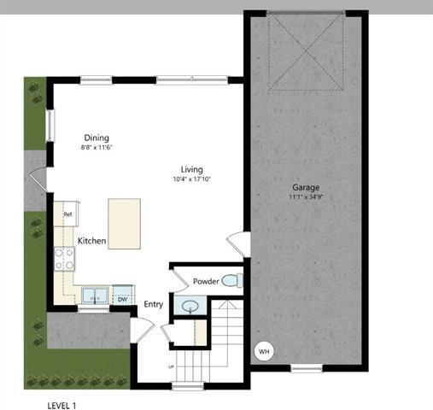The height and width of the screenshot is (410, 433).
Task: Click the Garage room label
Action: pyautogui.click(x=306, y=187)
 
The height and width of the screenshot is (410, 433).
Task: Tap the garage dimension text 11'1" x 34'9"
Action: pyautogui.click(x=306, y=197)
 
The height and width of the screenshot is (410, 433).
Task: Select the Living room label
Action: pyautogui.click(x=191, y=169)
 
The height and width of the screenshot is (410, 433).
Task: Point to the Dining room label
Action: pyautogui.click(x=96, y=138)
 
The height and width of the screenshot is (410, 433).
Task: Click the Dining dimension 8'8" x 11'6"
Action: pyautogui.click(x=96, y=148)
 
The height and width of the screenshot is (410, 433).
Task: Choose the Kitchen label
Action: pyautogui.click(x=91, y=241)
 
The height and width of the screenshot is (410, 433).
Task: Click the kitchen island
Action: pyautogui.click(x=124, y=223)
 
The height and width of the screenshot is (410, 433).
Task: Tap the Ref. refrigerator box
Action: pyautogui.click(x=66, y=214)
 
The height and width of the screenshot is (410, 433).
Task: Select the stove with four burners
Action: pyautogui.click(x=65, y=259)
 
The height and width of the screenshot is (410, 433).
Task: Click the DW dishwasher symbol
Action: pyautogui.click(x=122, y=298)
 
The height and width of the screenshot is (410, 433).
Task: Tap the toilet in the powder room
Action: pyautogui.click(x=231, y=281)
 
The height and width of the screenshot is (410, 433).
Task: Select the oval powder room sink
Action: pyautogui.click(x=189, y=305)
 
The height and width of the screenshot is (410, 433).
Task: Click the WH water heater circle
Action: pyautogui.click(x=263, y=351)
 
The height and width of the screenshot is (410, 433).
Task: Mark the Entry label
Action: pyautogui.click(x=153, y=304)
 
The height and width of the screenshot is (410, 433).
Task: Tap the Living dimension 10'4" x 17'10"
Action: pyautogui.click(x=191, y=179)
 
